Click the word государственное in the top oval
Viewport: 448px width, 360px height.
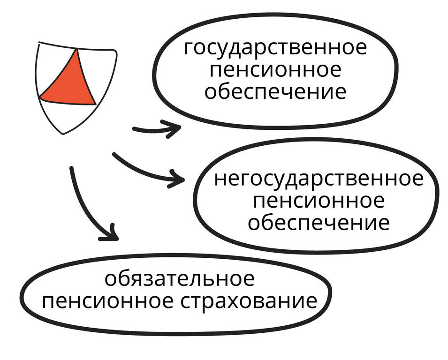tap(275, 48)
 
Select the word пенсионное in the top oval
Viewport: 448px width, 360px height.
tap(275, 70)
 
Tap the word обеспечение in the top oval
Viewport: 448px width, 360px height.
tap(275, 91)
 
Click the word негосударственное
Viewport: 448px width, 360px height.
tap(319, 179)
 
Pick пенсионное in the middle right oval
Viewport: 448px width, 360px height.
tap(319, 201)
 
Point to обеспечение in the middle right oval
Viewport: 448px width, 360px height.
tap(319, 223)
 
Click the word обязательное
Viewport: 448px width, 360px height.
tap(179, 279)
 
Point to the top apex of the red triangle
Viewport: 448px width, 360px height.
tap(75, 50)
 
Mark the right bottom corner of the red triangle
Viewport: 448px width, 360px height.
tap(95, 104)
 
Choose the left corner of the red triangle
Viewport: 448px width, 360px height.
tap(39, 97)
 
